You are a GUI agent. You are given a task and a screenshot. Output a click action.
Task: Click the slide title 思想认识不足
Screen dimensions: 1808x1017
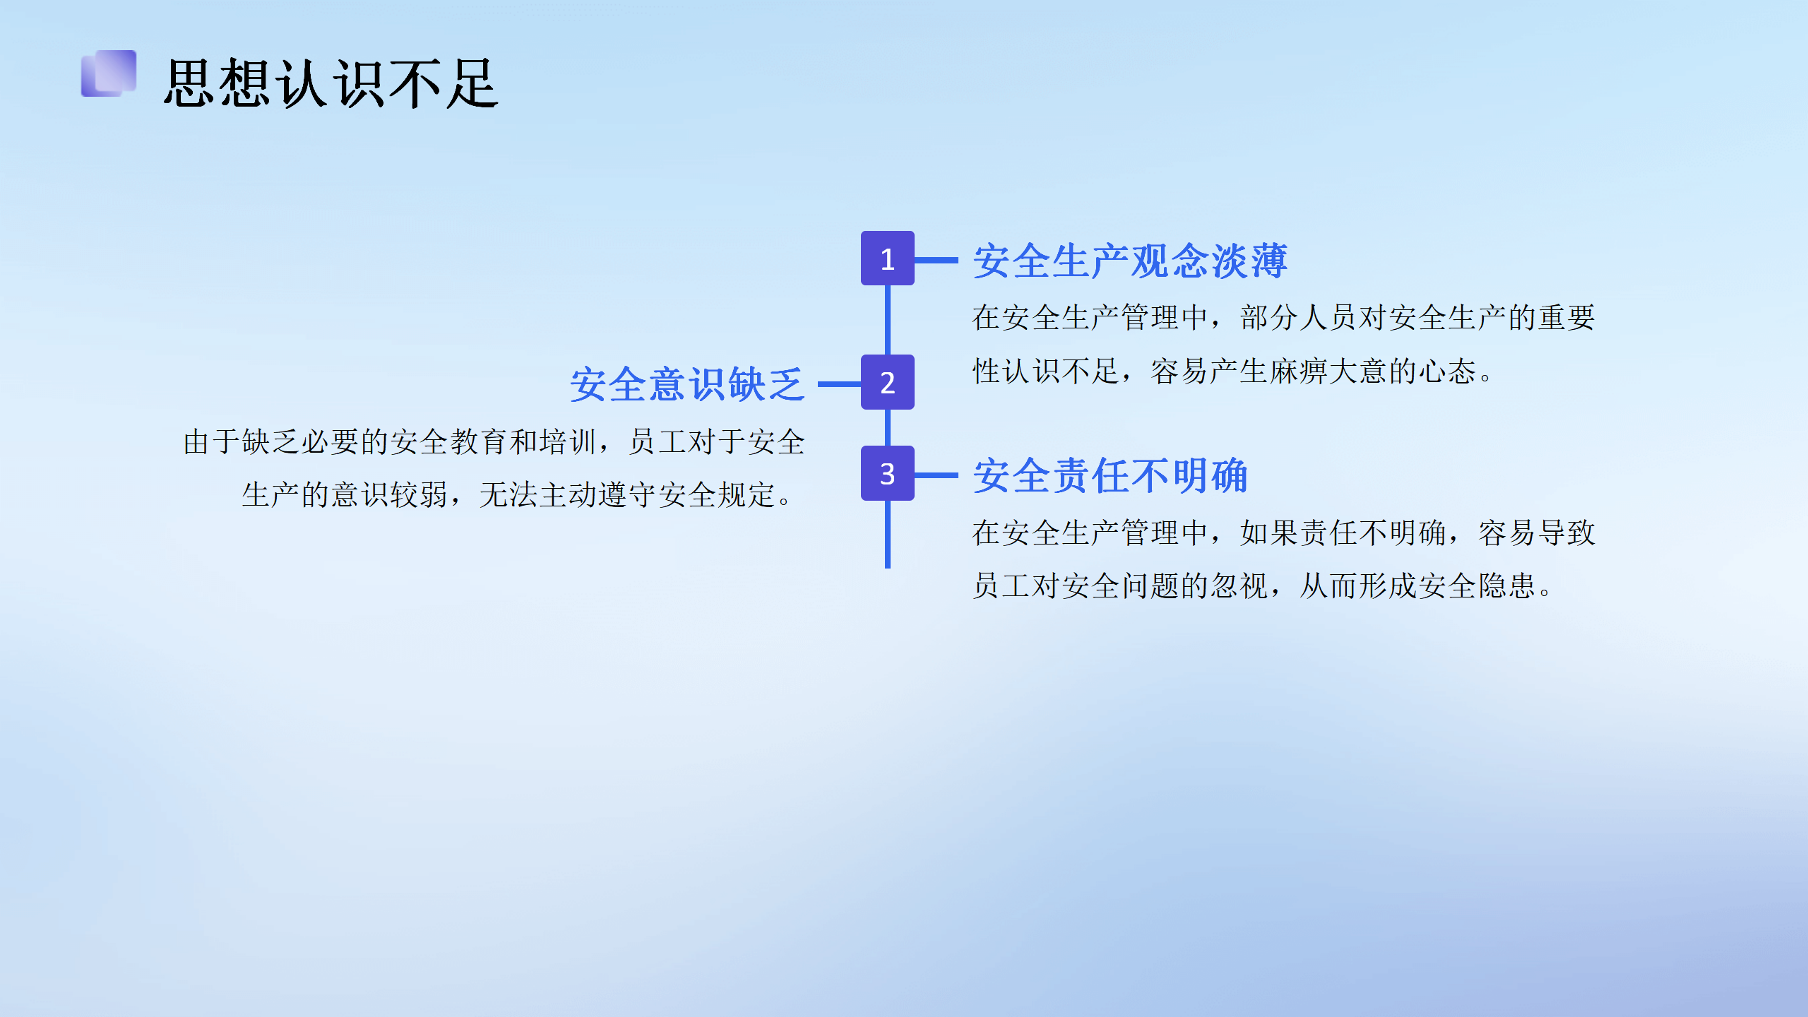[x=331, y=83]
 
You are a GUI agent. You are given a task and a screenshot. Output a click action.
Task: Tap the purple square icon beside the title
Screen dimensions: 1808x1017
[x=109, y=73]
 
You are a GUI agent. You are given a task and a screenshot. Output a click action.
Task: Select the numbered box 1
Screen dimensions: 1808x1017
[x=887, y=258]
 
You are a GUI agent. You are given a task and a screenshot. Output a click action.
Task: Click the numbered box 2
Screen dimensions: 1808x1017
[x=887, y=382]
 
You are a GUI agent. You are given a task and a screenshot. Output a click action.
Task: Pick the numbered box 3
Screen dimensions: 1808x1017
[x=887, y=473]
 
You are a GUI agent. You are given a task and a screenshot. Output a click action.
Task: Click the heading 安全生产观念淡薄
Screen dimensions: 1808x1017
[x=1130, y=261]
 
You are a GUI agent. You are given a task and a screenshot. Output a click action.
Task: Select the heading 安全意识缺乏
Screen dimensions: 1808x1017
[x=687, y=384]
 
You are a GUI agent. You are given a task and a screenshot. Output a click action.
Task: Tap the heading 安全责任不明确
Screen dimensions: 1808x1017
[x=1110, y=475]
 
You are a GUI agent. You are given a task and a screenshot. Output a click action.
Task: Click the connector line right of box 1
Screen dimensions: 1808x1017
[x=936, y=260]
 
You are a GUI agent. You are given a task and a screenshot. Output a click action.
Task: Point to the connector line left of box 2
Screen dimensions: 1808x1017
[x=839, y=384]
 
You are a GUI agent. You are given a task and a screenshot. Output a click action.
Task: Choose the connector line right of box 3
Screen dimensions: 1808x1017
[x=936, y=475]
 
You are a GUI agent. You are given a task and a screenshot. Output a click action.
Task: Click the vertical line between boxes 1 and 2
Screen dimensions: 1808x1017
[x=887, y=320]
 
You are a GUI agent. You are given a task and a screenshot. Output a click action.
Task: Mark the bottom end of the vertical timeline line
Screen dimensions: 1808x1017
[x=887, y=567]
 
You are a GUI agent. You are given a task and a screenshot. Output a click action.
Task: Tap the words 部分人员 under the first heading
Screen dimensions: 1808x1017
[x=1299, y=318]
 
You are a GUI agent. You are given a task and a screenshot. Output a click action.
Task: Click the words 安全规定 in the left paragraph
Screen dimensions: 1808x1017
[x=717, y=495]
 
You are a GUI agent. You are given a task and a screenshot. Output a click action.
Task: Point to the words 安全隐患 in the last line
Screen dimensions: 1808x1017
[x=1477, y=586]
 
